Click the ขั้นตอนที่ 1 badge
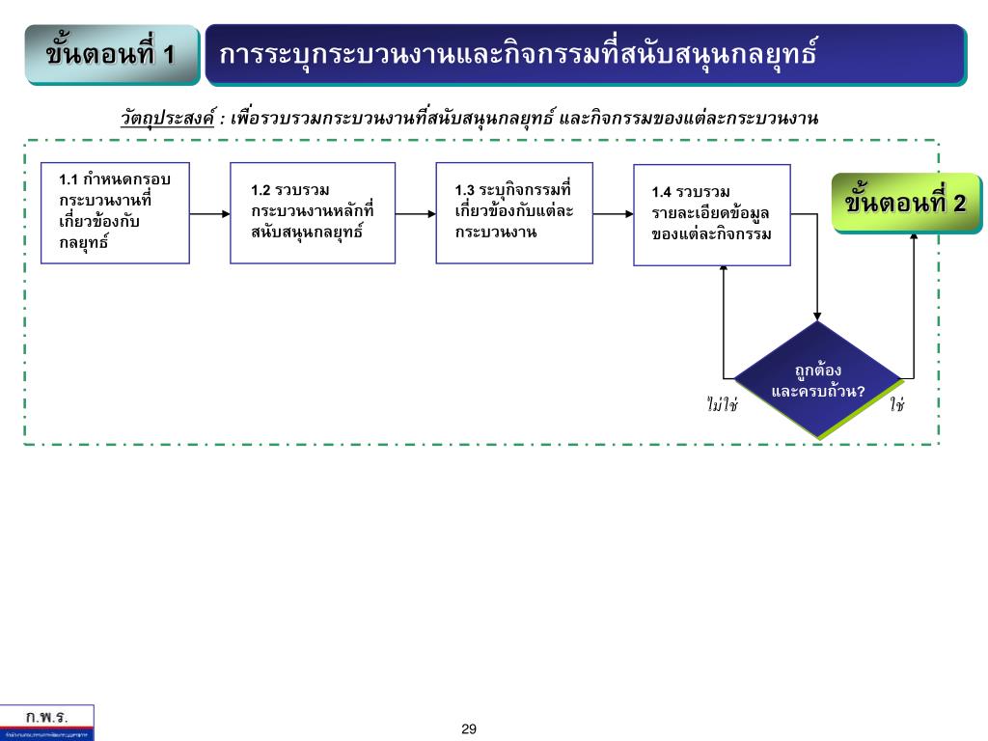pos(111,54)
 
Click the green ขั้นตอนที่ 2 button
pos(905,204)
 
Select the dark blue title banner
pos(585,54)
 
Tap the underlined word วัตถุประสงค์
pos(167,120)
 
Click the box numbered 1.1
pos(115,213)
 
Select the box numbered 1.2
pos(313,213)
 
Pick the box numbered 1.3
pos(513,213)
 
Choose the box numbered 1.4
pos(712,215)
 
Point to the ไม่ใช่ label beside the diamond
pos(722,405)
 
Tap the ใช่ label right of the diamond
pos(897,405)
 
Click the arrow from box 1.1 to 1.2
pos(209,214)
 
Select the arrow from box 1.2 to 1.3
pos(415,214)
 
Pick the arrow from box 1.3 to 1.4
pos(612,214)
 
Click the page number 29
pos(469,729)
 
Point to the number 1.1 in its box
pos(69,179)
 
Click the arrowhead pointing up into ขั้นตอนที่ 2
pos(913,237)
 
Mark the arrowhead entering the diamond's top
pos(818,316)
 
